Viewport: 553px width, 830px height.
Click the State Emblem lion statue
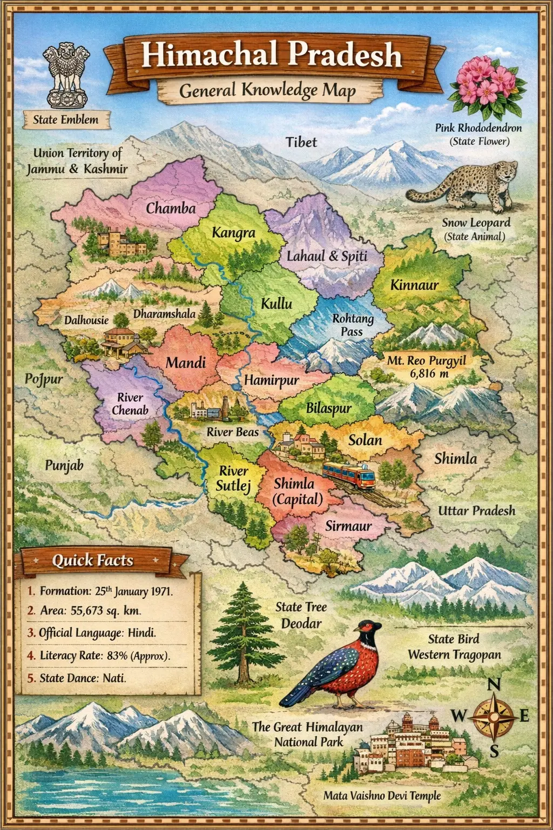point(66,75)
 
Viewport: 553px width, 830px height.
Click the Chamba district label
point(171,208)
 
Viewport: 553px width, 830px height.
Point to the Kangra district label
point(233,233)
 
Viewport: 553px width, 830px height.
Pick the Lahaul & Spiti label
point(327,256)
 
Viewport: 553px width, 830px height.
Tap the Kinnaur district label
point(414,285)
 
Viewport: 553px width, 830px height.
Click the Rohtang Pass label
point(353,325)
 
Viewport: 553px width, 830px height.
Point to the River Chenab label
point(130,404)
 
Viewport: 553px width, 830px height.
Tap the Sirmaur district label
point(348,526)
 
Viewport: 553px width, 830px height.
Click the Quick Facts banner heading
point(92,560)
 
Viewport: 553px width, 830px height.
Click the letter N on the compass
point(494,685)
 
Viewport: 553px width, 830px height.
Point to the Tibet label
point(301,142)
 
